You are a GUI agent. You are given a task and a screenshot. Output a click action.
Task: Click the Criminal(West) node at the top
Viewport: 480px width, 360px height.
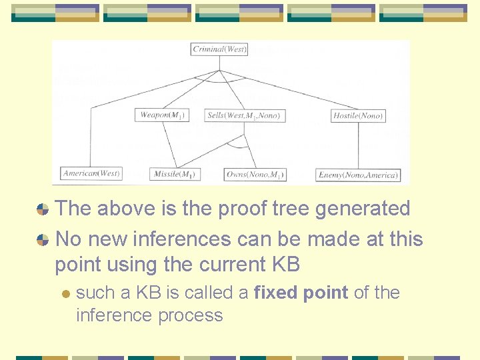219,49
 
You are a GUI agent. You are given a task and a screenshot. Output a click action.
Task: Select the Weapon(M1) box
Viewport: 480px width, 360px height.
162,115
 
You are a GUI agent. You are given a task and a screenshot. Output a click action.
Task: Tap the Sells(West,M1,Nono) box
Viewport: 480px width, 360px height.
245,115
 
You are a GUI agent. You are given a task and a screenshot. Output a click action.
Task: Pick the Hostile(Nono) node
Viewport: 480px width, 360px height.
358,116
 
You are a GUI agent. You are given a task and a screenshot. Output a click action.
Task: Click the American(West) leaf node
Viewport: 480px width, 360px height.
91,173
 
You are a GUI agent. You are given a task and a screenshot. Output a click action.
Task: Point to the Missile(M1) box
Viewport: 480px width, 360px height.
175,175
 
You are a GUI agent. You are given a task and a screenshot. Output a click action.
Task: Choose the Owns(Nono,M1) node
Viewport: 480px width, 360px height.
255,175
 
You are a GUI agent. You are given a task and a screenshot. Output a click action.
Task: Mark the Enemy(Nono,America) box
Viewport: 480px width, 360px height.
358,175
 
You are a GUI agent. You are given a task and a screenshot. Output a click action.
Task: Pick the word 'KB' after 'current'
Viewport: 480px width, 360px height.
285,265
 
